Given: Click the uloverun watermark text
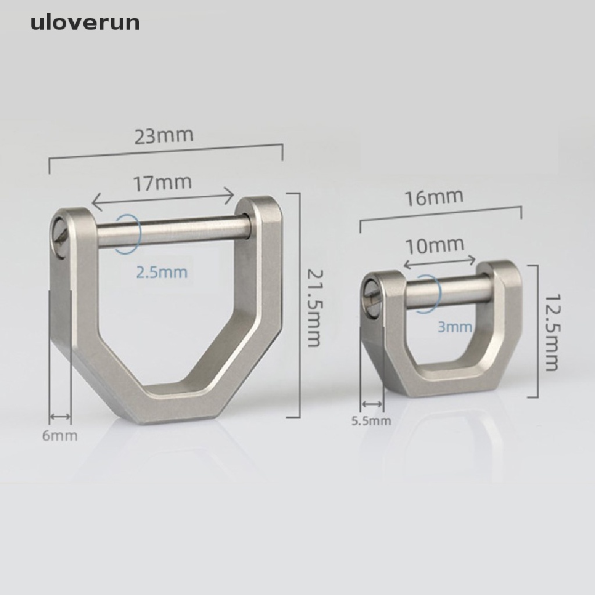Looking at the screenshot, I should [85, 23].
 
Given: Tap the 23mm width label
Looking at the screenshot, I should [163, 137].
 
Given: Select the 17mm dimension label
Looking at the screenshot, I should [163, 183].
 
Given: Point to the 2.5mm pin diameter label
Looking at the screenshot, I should [162, 272].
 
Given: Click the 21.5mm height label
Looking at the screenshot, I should [314, 308].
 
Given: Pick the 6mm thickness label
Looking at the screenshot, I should [59, 435].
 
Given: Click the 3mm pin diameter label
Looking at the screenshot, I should [454, 327].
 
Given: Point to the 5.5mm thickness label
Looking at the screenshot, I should [371, 421].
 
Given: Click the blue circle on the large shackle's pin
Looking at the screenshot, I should [128, 233].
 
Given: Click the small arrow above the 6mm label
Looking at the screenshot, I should [60, 417].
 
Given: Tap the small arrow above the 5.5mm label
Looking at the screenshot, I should [372, 404].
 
